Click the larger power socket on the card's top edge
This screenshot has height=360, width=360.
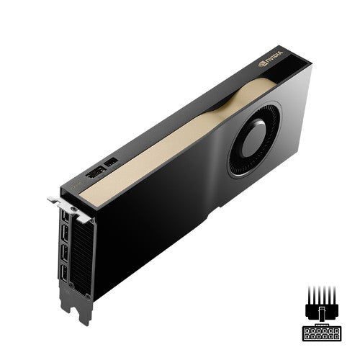(94, 173)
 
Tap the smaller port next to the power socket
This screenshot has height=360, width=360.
(112, 163)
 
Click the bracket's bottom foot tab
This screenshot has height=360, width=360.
(78, 310)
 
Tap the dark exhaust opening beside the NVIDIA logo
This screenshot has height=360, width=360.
(295, 71)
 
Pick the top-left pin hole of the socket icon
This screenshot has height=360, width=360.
(307, 329)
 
